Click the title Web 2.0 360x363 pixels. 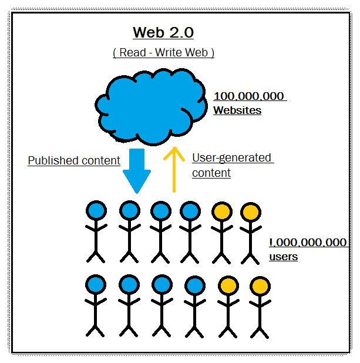pos(163,32)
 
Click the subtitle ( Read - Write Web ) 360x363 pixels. pos(163,52)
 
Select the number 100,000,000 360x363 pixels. pos(249,96)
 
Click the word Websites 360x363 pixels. pos(237,110)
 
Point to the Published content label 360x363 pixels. pos(74,160)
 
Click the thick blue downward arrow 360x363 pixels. pos(137,171)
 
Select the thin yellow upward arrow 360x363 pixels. pos(173,170)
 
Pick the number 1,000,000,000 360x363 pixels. pos(308,243)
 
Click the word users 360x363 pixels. pos(283,257)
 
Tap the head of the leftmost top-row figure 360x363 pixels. pos(96,210)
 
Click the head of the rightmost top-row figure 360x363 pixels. pos(250,212)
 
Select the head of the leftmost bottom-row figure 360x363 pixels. pos(96,285)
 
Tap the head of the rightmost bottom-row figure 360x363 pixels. pos(260,287)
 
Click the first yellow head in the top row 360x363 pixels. pos(222,211)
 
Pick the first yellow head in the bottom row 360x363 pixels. pos(228,287)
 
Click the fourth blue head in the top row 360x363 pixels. pos(190,210)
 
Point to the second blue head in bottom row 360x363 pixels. pos(129,285)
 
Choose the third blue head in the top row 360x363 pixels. pos(160,210)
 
